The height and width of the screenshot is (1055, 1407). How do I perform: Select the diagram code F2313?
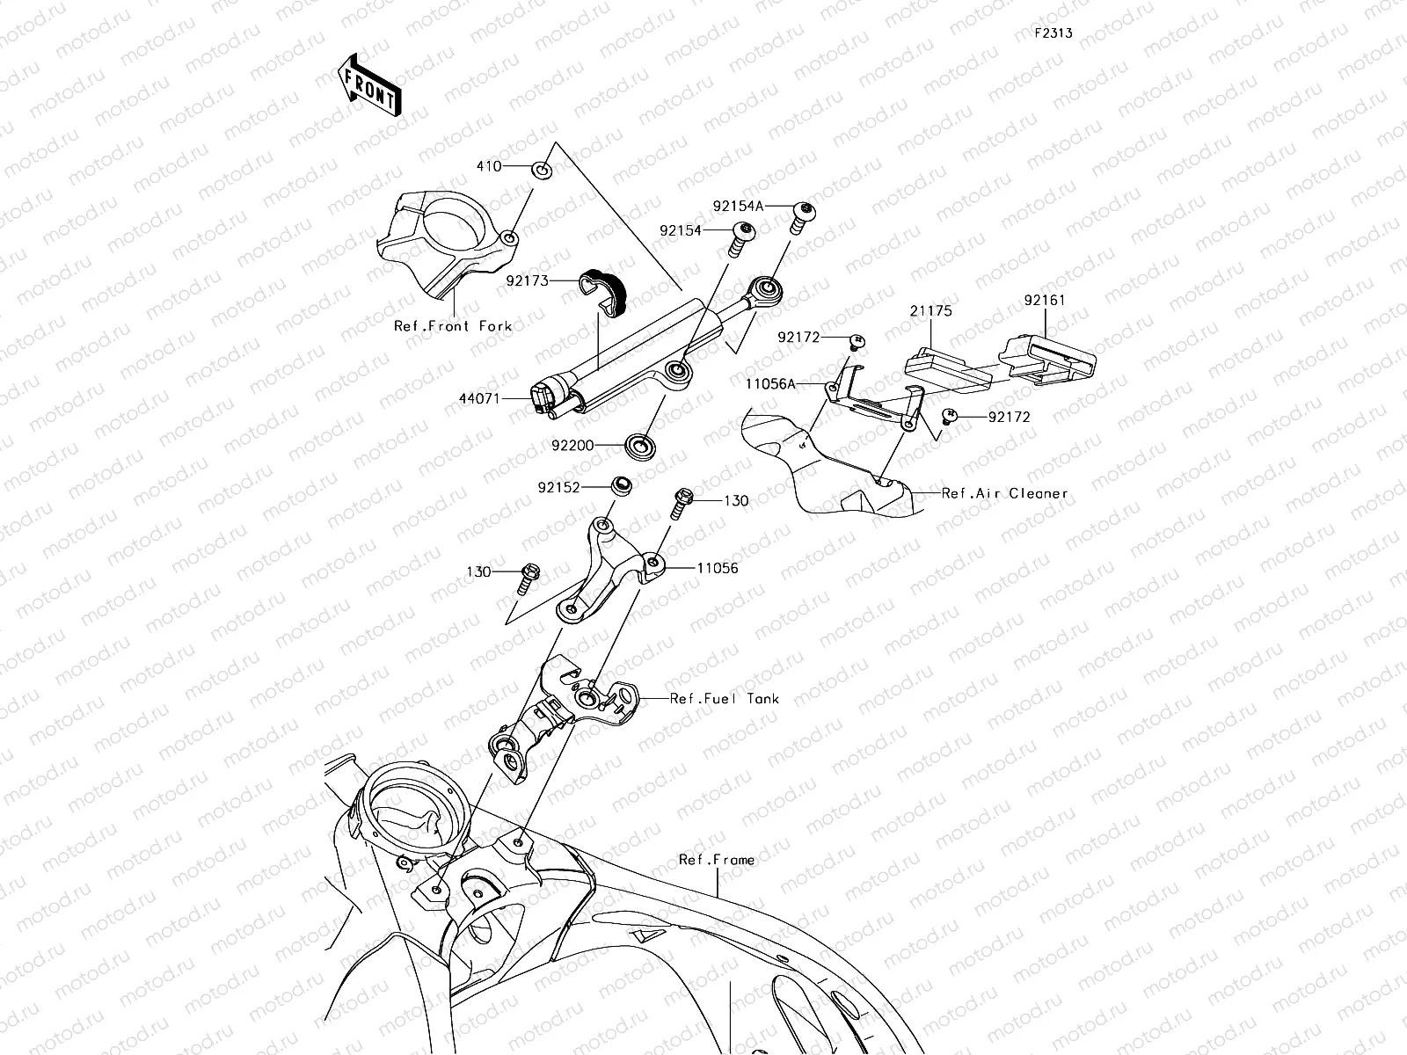pos(1053,33)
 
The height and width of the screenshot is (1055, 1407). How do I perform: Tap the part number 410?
pos(489,166)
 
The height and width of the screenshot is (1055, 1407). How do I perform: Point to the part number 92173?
pos(527,281)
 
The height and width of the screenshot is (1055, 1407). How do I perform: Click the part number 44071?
pos(478,398)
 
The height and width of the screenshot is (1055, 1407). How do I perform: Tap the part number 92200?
pos(573,446)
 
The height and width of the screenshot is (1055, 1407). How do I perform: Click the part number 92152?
pos(559,486)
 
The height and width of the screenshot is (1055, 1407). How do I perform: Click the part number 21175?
pos(930,311)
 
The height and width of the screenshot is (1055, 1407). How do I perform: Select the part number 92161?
pos(1044,300)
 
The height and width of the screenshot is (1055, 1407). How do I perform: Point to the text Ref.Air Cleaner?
pos(1004,493)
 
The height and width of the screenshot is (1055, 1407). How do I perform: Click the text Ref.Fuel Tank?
pos(724,699)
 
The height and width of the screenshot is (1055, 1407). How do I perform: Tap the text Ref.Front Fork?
pos(452,326)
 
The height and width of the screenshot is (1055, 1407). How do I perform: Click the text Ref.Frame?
pos(716,860)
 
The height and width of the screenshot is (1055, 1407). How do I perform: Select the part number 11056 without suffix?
pos(717,568)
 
